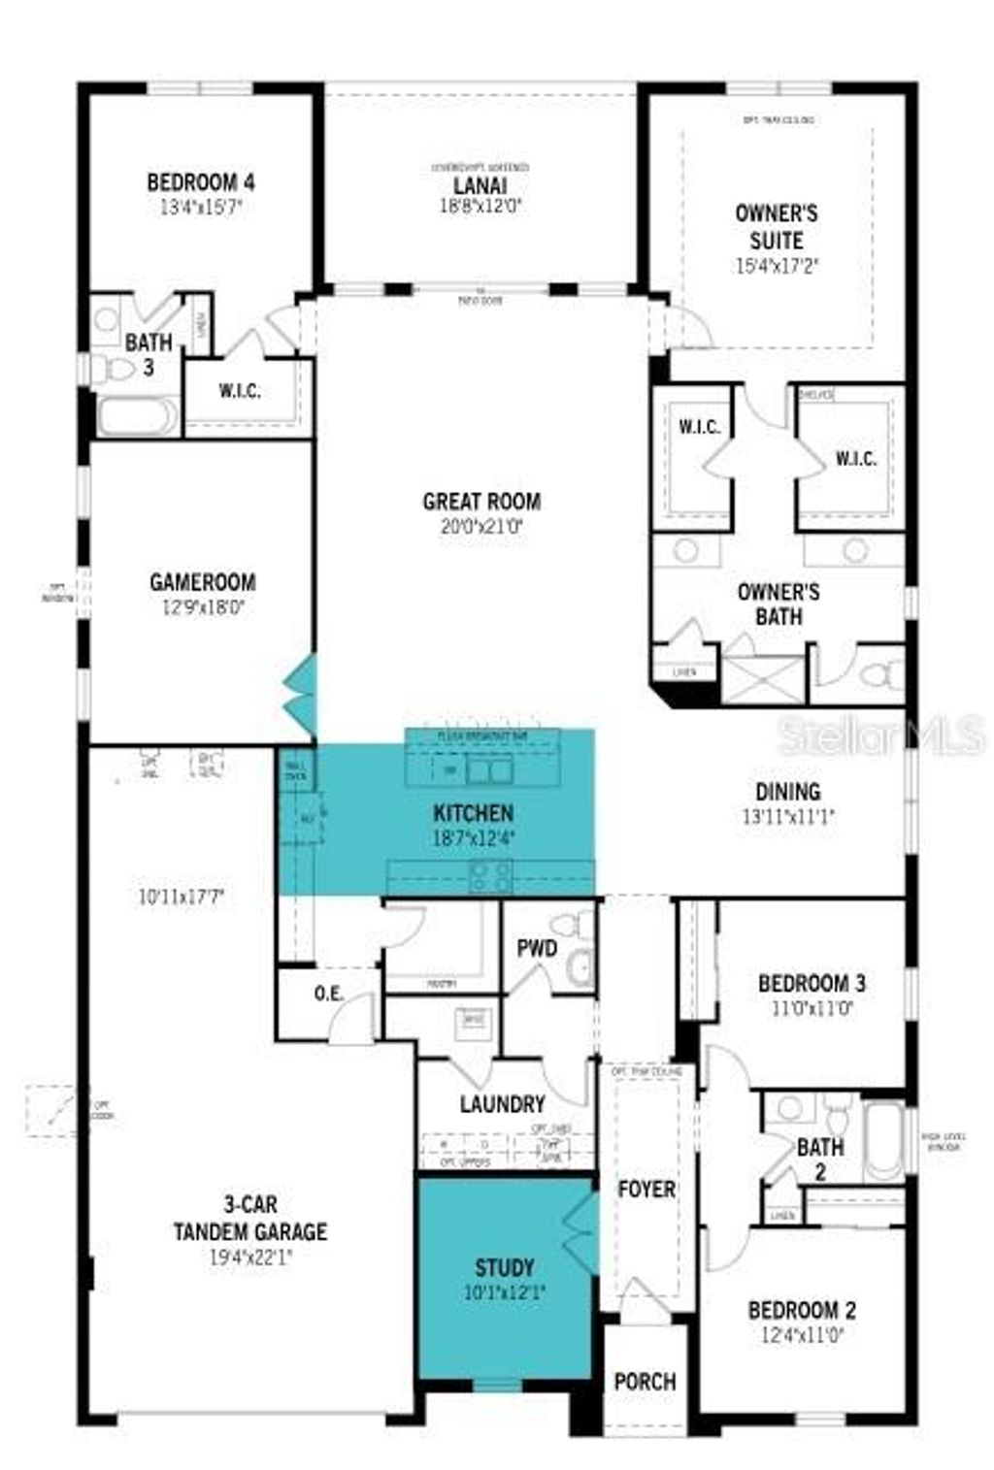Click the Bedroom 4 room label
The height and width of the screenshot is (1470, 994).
point(201,181)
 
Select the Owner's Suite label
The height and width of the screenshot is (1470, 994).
point(776,226)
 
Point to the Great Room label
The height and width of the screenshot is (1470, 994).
point(481,502)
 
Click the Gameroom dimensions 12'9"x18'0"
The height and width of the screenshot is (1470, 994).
point(202,607)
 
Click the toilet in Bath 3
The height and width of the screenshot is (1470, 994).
point(115,369)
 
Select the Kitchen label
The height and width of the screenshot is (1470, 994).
point(473,813)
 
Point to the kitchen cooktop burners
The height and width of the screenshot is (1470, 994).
point(490,876)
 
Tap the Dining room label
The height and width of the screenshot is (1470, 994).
point(788,792)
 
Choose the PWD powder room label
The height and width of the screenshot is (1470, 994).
point(536,948)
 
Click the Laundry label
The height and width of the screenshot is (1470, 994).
point(502,1104)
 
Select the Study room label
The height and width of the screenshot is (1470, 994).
point(504,1267)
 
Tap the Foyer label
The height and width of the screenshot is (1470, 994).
point(646,1189)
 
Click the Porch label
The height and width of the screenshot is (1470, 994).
point(645,1381)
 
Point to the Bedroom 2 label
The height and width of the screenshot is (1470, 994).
point(802,1311)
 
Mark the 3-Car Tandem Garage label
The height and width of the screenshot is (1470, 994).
point(249,1219)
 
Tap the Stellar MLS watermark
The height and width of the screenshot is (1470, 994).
point(880,735)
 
